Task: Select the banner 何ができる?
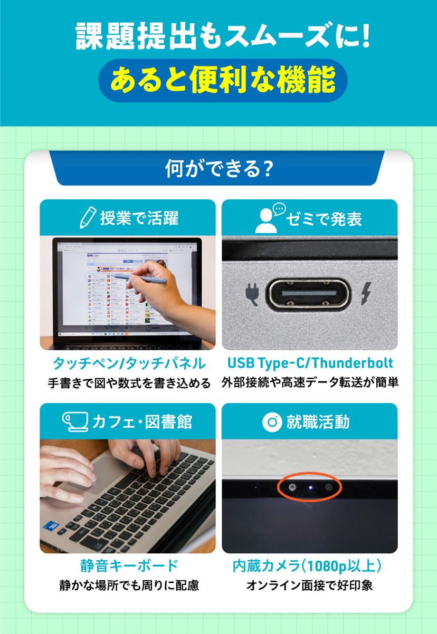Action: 218,169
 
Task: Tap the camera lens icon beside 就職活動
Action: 272,421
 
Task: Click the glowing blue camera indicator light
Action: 310,488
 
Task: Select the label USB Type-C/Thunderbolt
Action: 310,363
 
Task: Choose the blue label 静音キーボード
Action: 129,566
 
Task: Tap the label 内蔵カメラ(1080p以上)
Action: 308,566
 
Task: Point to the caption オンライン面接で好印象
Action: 309,585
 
